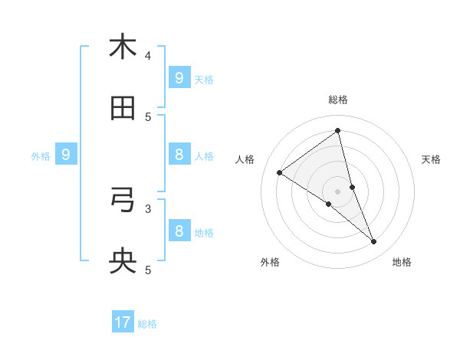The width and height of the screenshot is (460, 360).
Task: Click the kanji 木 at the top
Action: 123,47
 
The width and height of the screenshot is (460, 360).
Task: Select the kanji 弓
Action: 123,200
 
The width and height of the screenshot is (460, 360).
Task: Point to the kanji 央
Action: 123,262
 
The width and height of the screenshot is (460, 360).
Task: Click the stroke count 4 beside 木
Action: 148,55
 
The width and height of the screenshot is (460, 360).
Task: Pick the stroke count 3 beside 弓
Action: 148,208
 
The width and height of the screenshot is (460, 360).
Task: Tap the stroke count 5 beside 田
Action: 148,116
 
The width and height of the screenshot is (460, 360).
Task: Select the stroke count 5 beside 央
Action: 148,270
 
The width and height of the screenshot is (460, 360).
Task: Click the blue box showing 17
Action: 123,322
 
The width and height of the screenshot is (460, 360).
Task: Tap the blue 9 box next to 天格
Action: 179,77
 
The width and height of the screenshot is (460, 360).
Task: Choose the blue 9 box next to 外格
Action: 66,155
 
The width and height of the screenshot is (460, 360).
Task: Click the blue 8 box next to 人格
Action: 179,155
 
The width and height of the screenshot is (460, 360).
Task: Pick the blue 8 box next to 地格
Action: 179,231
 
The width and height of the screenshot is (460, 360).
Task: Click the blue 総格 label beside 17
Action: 147,324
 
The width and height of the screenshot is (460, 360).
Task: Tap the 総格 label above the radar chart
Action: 338,100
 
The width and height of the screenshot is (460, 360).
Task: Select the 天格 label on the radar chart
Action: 432,159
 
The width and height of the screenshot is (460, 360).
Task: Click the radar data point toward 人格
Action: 279,172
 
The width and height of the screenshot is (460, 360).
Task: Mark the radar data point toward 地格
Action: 374,242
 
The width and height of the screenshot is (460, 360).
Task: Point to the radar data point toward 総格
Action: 338,130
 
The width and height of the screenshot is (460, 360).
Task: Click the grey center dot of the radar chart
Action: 338,191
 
